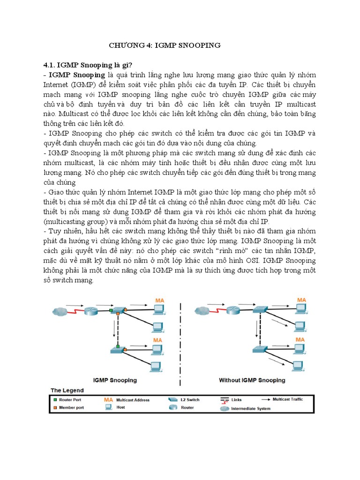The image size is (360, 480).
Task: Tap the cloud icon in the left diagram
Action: point(60,311)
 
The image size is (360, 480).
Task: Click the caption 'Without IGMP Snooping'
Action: point(252,380)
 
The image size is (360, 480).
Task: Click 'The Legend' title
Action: point(67,390)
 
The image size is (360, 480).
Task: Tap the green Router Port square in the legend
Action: point(55,400)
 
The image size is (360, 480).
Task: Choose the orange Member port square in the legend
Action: point(55,407)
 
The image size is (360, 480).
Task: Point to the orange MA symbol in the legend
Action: point(108,400)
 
